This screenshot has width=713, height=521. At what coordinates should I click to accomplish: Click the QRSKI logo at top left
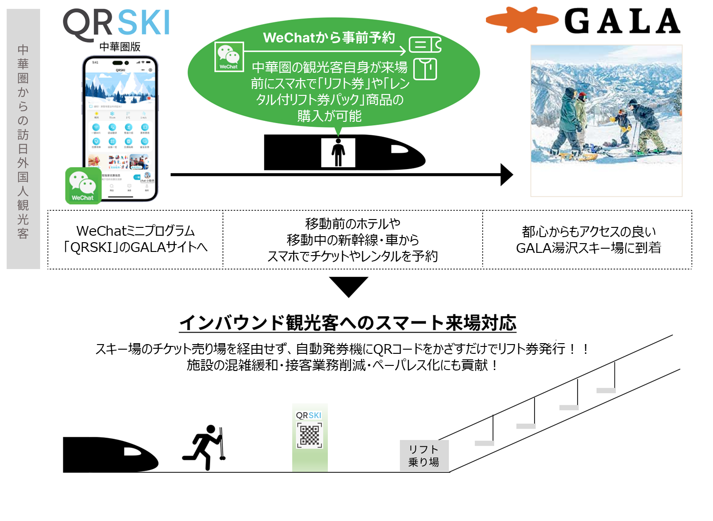pos(117,23)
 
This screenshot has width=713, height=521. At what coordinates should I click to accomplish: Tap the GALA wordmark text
pos(622,22)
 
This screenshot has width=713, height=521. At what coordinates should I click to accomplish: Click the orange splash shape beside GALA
pos(522,20)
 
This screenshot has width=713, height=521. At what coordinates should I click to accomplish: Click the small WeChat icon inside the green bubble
pos(229,56)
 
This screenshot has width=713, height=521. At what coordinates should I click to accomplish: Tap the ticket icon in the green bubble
pos(425,45)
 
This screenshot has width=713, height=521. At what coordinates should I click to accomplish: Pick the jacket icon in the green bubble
pos(425,69)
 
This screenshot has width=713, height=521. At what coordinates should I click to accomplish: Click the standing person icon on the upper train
pos(338,152)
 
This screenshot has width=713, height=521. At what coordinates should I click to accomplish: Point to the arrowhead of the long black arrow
pos(507,175)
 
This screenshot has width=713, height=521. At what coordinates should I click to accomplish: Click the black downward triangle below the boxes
pos(349,285)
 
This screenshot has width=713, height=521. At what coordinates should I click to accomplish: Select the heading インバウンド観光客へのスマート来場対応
pos(348,323)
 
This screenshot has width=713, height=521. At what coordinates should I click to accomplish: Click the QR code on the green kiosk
pos(310,435)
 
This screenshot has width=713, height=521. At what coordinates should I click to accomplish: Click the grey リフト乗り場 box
pos(424,456)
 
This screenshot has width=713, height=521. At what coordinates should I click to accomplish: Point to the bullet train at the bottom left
pos(110,454)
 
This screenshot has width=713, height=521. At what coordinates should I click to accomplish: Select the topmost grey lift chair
pos(606,390)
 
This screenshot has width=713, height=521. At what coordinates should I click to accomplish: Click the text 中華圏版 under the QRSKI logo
pos(120,47)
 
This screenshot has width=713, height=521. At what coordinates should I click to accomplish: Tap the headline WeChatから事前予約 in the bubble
pos(329,38)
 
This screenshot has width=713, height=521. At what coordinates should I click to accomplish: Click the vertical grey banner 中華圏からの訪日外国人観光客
pos(23,139)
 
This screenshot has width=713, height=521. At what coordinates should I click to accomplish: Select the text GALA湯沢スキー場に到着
pos(588,248)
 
